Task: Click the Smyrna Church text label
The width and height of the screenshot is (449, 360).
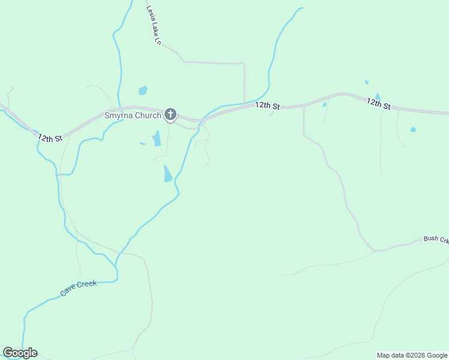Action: pyautogui.click(x=133, y=115)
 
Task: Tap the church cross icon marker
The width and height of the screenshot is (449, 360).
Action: pyautogui.click(x=170, y=114)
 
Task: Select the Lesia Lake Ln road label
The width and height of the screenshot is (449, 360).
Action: pyautogui.click(x=154, y=26)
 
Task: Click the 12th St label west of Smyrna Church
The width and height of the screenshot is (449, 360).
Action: pyautogui.click(x=50, y=138)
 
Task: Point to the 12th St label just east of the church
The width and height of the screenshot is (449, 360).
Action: pyautogui.click(x=267, y=106)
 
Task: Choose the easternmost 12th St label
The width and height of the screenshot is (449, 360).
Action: pyautogui.click(x=379, y=104)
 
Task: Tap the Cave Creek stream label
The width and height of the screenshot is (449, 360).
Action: pyautogui.click(x=78, y=288)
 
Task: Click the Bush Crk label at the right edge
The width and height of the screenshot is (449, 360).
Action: pyautogui.click(x=436, y=239)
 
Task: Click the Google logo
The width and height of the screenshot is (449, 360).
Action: pyautogui.click(x=20, y=353)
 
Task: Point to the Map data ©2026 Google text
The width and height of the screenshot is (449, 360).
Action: pyautogui.click(x=412, y=355)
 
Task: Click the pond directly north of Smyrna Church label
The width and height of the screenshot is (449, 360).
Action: pyautogui.click(x=143, y=91)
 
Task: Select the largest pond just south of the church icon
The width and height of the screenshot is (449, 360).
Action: pyautogui.click(x=157, y=139)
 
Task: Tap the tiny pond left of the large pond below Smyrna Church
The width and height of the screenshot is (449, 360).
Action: pyautogui.click(x=142, y=143)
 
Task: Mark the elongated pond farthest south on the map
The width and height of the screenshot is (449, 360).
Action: pyautogui.click(x=167, y=174)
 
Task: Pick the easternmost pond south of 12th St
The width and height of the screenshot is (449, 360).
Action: pyautogui.click(x=413, y=130)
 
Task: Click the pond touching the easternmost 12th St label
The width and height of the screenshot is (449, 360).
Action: pyautogui.click(x=377, y=96)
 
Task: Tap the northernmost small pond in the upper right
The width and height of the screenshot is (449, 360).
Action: pyautogui.click(x=366, y=82)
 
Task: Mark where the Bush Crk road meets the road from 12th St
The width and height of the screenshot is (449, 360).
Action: pyautogui.click(x=375, y=251)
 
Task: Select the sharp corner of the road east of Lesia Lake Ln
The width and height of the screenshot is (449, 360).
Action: pyautogui.click(x=243, y=63)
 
